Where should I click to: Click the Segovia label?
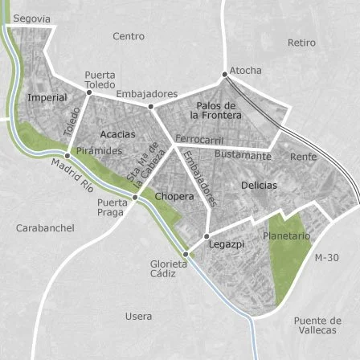tap(31, 18)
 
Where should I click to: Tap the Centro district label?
tap(129, 36)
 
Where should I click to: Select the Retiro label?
tap(301, 43)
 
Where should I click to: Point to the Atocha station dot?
tap(225, 74)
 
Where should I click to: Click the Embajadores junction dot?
tap(150, 105)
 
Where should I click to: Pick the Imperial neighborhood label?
tap(47, 97)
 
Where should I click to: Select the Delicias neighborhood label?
tap(258, 186)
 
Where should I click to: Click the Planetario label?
tap(285, 236)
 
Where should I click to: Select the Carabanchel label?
tap(45, 228)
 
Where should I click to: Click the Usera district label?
tap(138, 317)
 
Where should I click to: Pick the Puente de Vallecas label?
tap(317, 325)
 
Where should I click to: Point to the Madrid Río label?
tap(73, 175)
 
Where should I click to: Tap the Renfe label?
tap(303, 157)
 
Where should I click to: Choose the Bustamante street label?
tap(243, 153)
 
